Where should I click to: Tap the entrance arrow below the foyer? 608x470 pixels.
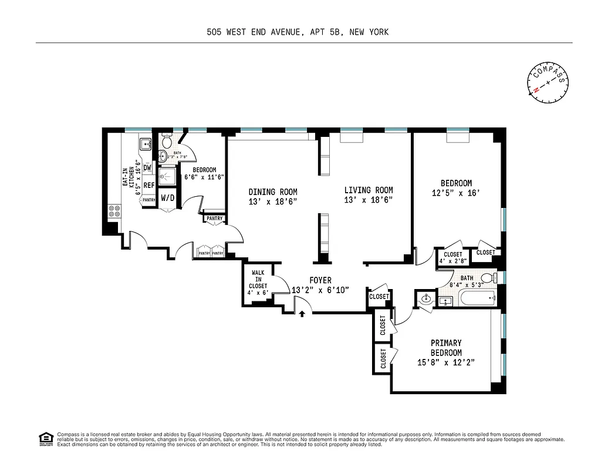(x=302, y=314)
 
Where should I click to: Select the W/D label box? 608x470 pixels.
(x=167, y=197)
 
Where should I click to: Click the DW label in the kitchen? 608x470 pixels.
(x=148, y=167)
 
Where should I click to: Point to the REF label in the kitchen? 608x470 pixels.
(x=148, y=185)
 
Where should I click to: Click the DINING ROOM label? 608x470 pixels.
(x=272, y=196)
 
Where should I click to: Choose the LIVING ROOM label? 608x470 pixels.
(x=368, y=194)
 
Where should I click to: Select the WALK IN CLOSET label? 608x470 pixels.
(x=258, y=283)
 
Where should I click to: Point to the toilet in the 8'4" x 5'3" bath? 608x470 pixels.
(x=487, y=278)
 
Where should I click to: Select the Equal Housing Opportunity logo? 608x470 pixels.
(x=44, y=438)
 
